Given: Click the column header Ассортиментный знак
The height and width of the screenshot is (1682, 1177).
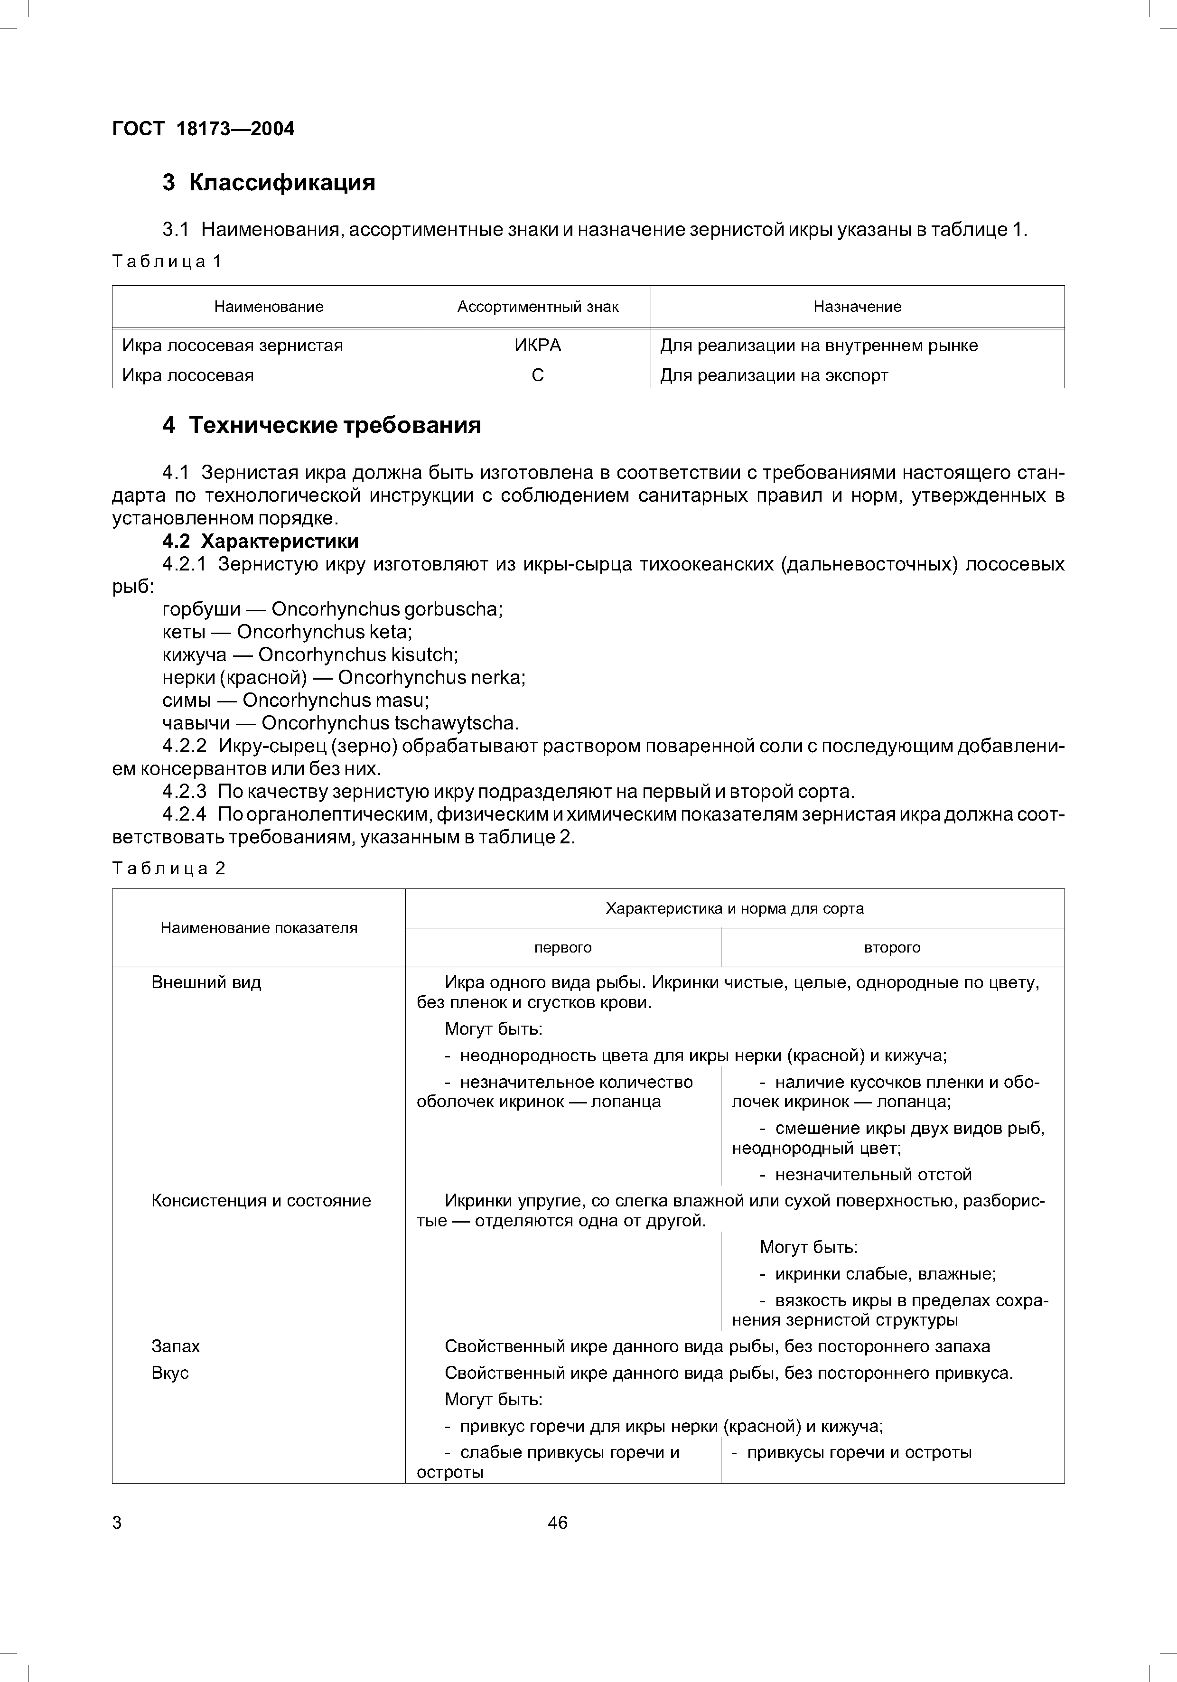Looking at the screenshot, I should (538, 307).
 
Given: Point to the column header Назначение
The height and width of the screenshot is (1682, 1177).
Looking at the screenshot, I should (857, 307).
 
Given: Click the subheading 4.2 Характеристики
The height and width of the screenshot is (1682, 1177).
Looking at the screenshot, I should (260, 542).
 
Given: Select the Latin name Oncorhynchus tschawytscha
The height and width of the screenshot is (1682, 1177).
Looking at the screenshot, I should (390, 724).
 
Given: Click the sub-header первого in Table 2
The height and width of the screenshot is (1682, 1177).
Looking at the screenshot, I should (562, 948).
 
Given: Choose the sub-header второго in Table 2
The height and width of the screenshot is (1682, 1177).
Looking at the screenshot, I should (892, 948).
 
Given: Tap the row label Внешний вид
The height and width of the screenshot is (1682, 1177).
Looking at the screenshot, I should (206, 982).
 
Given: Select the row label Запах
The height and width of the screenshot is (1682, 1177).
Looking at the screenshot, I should (175, 1346).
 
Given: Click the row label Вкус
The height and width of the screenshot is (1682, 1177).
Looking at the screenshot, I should (170, 1373).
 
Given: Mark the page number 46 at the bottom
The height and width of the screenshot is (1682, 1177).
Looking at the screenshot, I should (557, 1523).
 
